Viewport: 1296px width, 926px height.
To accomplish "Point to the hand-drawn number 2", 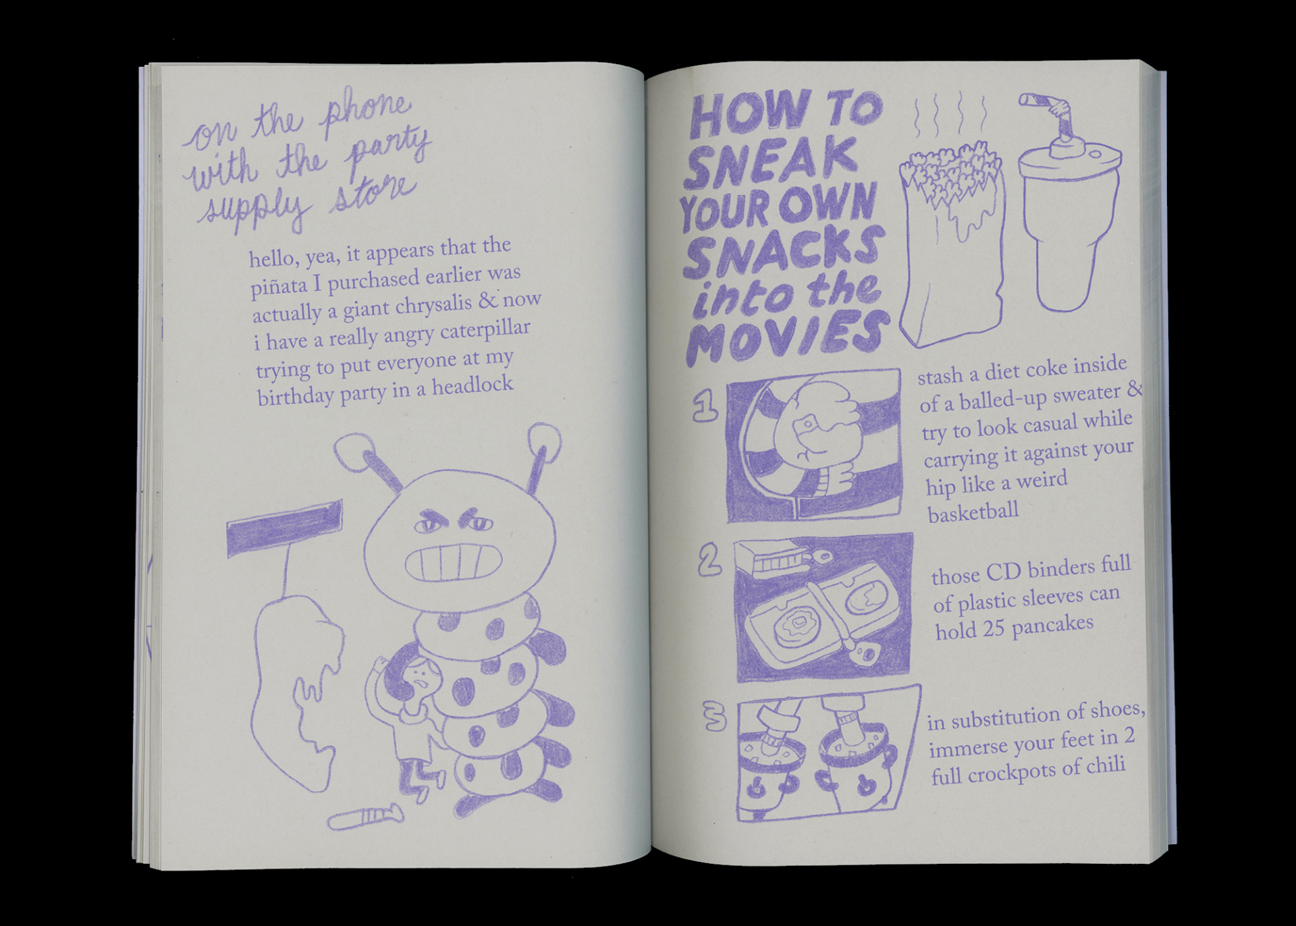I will [x=709, y=562].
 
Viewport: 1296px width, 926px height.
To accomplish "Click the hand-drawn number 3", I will [x=713, y=716].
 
